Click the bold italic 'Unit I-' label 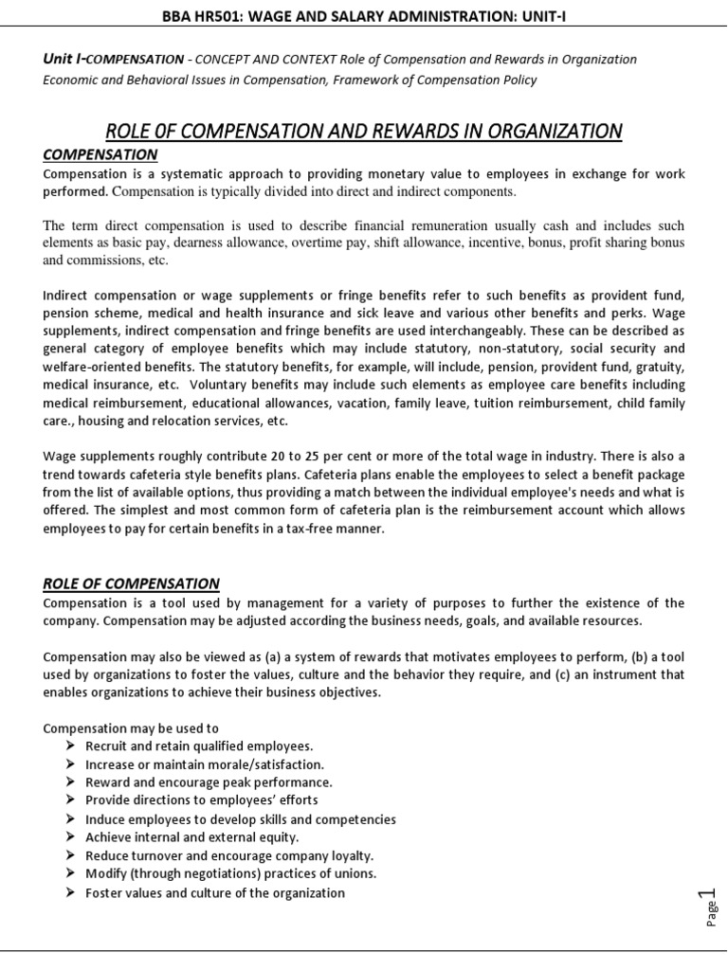(x=64, y=60)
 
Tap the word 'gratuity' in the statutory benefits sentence (x=654, y=365)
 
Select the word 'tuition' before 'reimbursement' (x=494, y=404)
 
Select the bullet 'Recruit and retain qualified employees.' (x=199, y=745)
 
